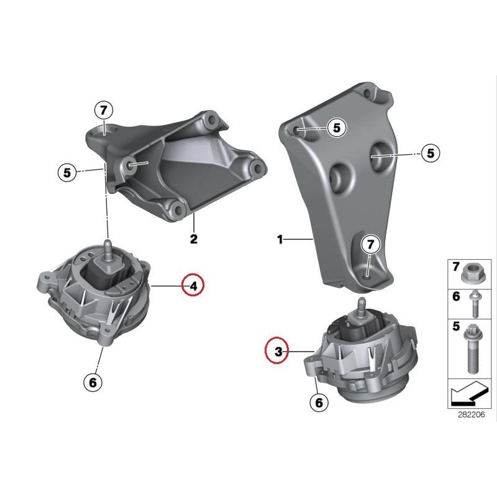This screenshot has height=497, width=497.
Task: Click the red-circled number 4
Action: tap(193, 286)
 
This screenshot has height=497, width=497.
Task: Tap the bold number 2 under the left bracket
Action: tap(193, 239)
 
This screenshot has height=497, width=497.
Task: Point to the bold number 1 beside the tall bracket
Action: tap(280, 239)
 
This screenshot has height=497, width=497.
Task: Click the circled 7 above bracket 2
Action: tap(104, 111)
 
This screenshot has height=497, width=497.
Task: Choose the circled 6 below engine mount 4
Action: tap(93, 382)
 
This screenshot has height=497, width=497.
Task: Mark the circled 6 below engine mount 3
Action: tap(319, 403)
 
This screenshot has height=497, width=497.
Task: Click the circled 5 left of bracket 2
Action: tap(68, 171)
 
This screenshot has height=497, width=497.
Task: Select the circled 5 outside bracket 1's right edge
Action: tap(430, 152)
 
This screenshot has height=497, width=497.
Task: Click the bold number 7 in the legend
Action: tap(455, 267)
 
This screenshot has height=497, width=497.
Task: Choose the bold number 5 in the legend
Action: tap(455, 325)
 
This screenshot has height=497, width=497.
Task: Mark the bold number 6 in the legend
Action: tap(455, 296)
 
